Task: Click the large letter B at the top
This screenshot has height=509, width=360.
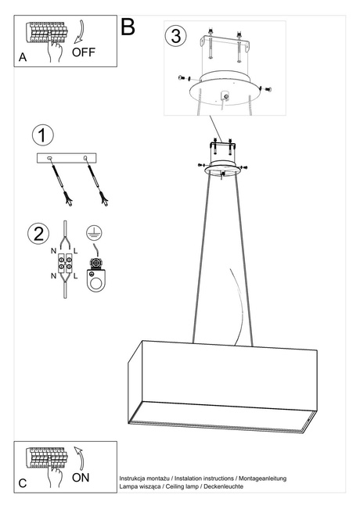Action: (128, 27)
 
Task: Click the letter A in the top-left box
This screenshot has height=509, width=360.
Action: (23, 58)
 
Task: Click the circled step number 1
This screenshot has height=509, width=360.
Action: (43, 134)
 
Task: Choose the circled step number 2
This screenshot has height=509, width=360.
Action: (37, 233)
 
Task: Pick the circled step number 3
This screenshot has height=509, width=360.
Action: (176, 35)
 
